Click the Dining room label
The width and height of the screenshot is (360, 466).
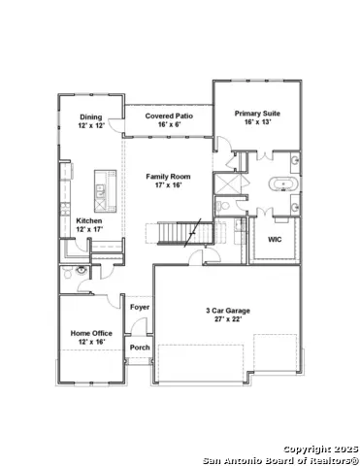tap(91, 116)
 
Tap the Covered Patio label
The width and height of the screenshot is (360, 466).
tap(169, 116)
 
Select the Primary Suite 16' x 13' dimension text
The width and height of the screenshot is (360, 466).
tap(257, 122)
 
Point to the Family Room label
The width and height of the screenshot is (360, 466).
tap(168, 177)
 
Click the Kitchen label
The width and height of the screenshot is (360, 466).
tap(89, 220)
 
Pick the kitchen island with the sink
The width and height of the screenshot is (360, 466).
tap(106, 191)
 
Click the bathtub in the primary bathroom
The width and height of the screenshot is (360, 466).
tap(283, 184)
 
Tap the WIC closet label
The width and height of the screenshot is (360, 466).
tap(275, 240)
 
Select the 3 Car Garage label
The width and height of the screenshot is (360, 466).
tap(228, 311)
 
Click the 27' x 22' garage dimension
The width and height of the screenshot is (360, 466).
tap(228, 319)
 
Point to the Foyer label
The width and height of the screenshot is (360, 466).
tap(140, 307)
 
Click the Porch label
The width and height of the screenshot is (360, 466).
tap(140, 348)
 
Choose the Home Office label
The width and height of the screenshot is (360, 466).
tap(91, 333)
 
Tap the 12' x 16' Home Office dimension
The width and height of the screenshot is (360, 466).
tap(92, 342)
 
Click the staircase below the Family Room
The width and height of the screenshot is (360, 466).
tap(185, 232)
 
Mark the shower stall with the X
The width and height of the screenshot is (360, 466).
tap(228, 184)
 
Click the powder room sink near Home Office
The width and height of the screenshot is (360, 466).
tap(81, 270)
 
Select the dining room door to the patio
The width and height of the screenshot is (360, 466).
tap(115, 125)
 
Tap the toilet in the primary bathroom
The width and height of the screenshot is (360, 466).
tap(223, 206)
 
